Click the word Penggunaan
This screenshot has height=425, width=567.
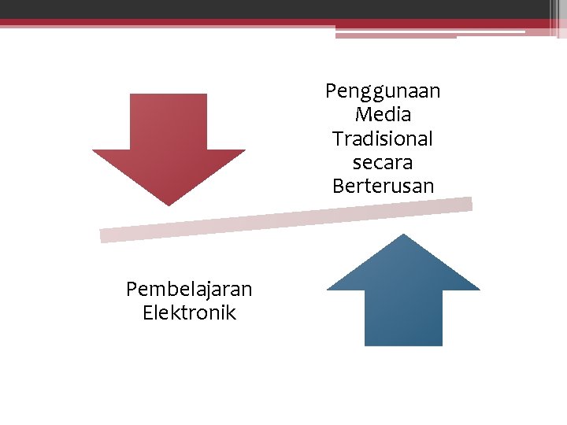tap(383, 91)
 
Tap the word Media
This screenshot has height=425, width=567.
tap(383, 115)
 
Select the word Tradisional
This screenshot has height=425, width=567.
tap(383, 139)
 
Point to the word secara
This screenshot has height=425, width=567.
tap(383, 163)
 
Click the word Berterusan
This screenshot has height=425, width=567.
tap(383, 187)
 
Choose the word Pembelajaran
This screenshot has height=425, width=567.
tap(189, 289)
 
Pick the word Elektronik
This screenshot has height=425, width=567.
tap(189, 312)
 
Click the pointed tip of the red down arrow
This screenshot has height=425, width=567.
tap(169, 204)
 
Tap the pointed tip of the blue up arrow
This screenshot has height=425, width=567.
tap(403, 236)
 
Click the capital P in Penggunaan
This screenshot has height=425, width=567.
tap(331, 91)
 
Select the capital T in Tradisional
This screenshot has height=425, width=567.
tap(337, 139)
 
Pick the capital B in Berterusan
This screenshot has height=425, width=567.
tap(338, 187)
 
